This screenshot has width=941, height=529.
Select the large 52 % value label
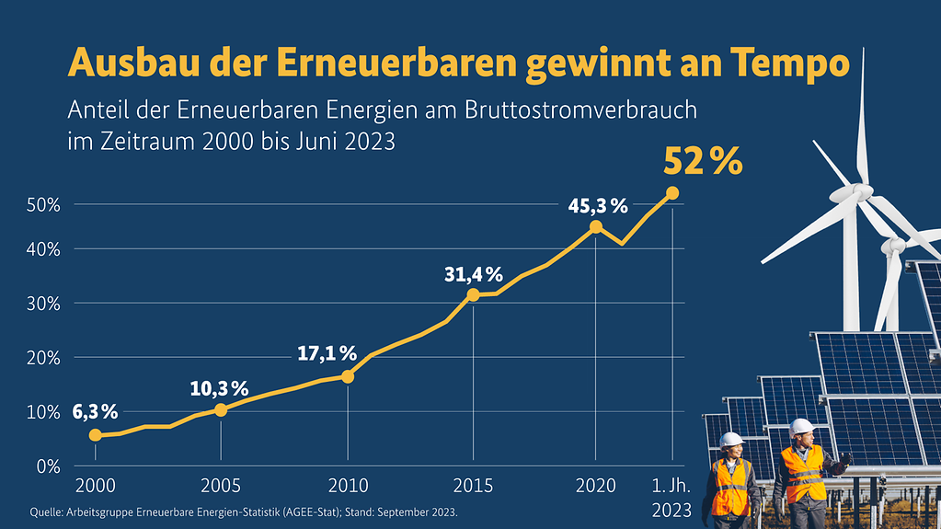click(x=702, y=161)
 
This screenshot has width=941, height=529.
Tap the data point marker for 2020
click(x=596, y=226)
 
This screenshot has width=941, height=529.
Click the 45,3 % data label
click(x=597, y=206)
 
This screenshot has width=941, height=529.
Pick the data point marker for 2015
click(x=473, y=294)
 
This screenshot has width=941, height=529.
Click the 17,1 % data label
click(x=327, y=352)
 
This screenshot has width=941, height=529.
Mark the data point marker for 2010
click(x=348, y=376)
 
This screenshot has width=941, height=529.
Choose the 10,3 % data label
click(x=219, y=388)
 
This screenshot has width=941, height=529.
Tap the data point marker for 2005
click(x=221, y=409)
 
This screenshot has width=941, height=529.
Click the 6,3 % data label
click(x=95, y=412)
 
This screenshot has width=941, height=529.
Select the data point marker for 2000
click(x=95, y=434)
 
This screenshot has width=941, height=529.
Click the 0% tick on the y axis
click(x=48, y=466)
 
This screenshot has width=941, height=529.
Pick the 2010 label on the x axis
click(x=348, y=485)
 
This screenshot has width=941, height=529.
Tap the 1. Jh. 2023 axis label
click(x=671, y=497)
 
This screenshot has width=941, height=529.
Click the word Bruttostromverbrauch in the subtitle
click(x=588, y=110)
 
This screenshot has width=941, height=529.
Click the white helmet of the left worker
click(x=731, y=440)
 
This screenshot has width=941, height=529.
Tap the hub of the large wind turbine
click(x=860, y=191)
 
